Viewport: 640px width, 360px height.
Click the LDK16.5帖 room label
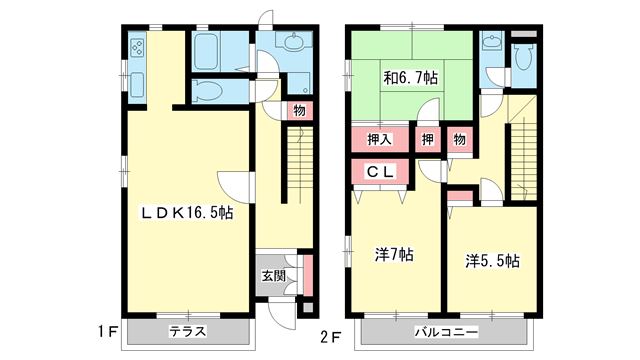(x=186, y=213)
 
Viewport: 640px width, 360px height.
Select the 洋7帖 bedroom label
(x=394, y=255)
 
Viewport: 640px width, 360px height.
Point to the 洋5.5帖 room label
(x=490, y=262)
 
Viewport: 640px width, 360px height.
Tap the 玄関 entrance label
(x=274, y=277)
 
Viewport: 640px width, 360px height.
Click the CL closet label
(x=381, y=173)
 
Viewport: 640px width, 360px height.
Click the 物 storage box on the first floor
(x=299, y=111)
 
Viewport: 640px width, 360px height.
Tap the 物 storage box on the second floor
(x=459, y=139)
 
